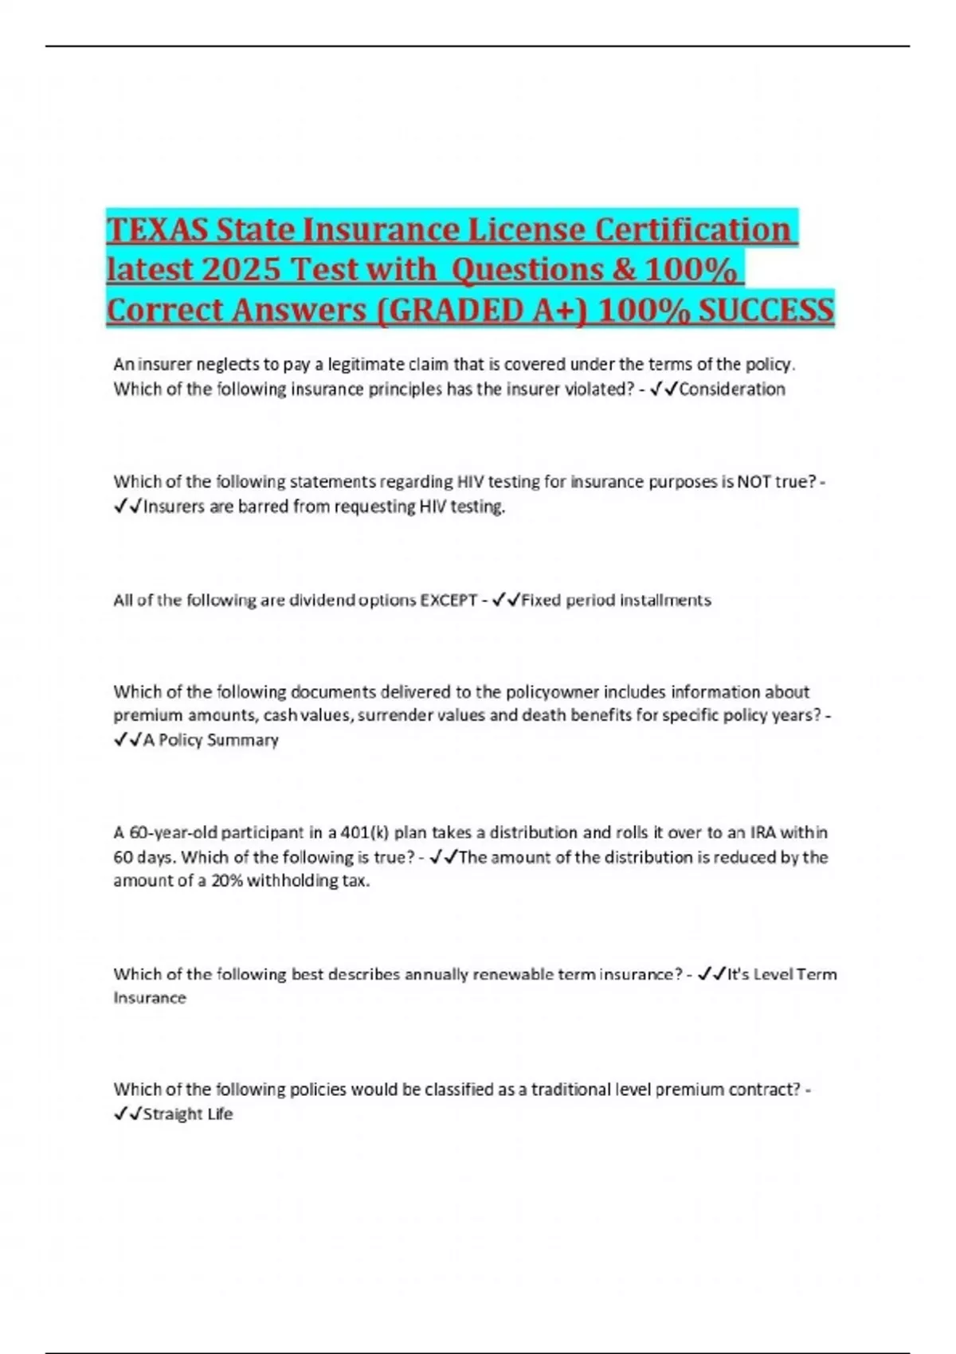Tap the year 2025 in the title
pos(239,269)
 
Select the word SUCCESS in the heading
pos(766,310)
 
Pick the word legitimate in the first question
pos(366,365)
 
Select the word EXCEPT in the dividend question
pos(448,600)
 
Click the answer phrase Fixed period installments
pos(616,600)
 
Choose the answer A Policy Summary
pos(211,740)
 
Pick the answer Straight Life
pos(188,1113)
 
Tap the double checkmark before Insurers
pos(127,507)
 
